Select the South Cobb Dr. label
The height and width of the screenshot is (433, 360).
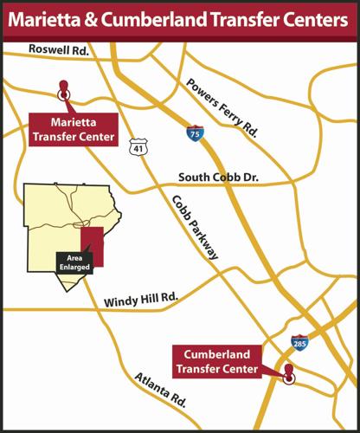tap(219, 178)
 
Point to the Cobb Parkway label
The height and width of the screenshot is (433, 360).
tap(195, 227)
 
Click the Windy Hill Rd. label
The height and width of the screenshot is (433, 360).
tap(140, 301)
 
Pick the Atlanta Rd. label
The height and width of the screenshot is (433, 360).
tap(161, 391)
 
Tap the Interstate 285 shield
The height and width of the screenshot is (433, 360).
tap(299, 343)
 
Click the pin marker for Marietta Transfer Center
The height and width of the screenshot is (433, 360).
tap(62, 89)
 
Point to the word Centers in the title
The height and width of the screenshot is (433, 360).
tap(308, 20)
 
